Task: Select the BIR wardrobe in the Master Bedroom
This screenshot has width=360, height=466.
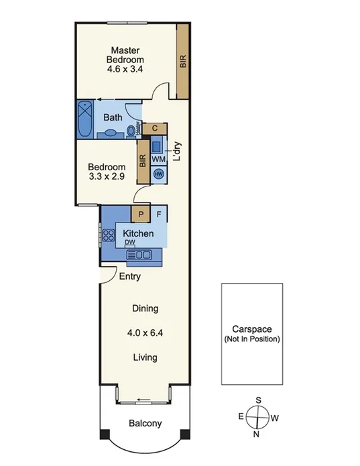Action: [x=182, y=61]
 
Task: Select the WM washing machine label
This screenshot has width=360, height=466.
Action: [x=158, y=159]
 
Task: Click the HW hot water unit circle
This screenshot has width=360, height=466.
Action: [x=158, y=174]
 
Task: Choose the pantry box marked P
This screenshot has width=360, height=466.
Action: [x=141, y=214]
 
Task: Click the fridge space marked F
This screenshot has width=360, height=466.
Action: [x=159, y=214]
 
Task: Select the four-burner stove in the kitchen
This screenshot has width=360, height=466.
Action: [x=107, y=235]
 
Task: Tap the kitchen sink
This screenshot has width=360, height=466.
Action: [x=141, y=254]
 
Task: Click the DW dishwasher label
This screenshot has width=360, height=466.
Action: [x=129, y=243]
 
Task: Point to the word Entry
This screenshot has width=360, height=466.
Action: [x=129, y=276]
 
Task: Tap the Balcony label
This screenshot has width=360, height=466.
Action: [x=145, y=423]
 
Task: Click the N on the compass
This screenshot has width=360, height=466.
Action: [x=257, y=434]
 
